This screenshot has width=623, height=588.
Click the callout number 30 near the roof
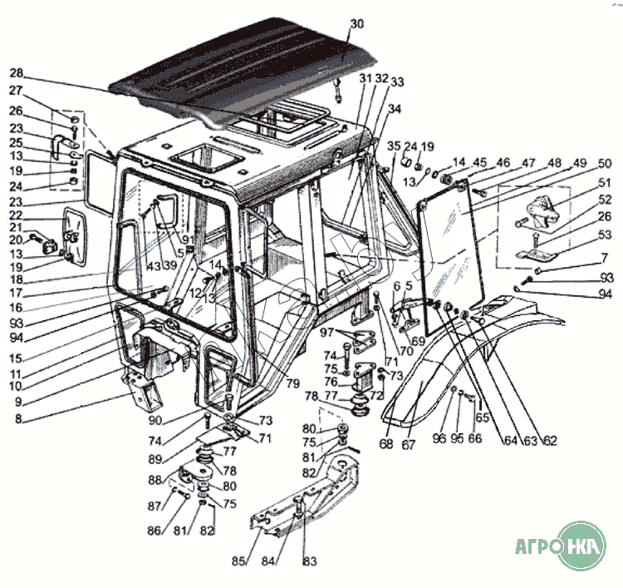(356, 24)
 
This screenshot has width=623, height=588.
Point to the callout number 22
(17, 215)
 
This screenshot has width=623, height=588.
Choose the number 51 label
(605, 182)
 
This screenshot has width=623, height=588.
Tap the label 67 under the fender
(409, 444)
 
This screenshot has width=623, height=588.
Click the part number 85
(239, 561)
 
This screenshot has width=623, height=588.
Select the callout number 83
(309, 561)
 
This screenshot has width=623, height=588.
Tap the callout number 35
(394, 146)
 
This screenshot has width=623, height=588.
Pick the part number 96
(440, 438)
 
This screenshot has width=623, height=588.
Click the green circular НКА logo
(584, 546)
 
